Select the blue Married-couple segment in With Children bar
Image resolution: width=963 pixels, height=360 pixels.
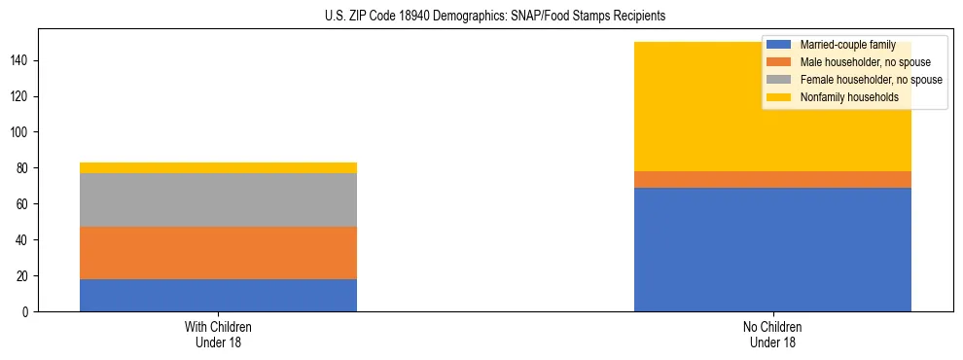tap(218, 295)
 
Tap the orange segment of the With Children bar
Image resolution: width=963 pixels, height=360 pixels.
tap(218, 253)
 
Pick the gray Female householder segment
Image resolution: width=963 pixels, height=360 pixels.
tap(218, 199)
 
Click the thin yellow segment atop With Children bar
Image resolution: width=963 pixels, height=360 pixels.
tap(218, 167)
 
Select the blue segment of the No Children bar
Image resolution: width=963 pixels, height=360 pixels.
tap(772, 249)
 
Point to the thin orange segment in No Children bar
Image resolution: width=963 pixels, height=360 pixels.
tap(772, 179)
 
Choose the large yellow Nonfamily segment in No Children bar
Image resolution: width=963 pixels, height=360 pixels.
tap(700, 107)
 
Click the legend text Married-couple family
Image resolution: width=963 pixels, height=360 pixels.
tap(846, 45)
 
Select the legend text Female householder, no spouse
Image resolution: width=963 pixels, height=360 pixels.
tap(871, 80)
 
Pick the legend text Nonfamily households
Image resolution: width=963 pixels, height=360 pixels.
tap(842, 97)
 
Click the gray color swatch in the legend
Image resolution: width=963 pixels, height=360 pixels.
tap(780, 80)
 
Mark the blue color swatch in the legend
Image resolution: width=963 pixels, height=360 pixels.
tap(780, 45)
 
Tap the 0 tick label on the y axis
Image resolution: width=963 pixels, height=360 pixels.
tap(27, 311)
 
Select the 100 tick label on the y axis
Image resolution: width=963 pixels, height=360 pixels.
tap(20, 132)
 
